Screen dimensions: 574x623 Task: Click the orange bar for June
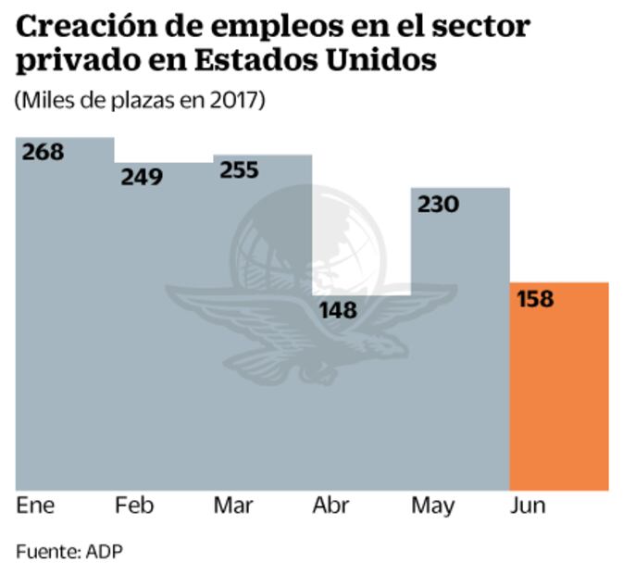coord(558,389)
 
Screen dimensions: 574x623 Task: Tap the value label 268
coord(44,152)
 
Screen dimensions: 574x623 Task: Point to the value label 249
coord(142,176)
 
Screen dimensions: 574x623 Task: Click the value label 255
coord(240,170)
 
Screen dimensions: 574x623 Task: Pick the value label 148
coord(337,310)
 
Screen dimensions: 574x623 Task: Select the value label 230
coord(438,204)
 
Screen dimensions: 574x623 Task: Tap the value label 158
coord(534,300)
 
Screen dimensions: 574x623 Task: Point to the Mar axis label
coord(232,505)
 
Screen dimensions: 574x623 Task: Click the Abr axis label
coord(330,505)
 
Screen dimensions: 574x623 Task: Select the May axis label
coord(433,506)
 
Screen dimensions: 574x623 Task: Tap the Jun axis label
coord(528,505)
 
